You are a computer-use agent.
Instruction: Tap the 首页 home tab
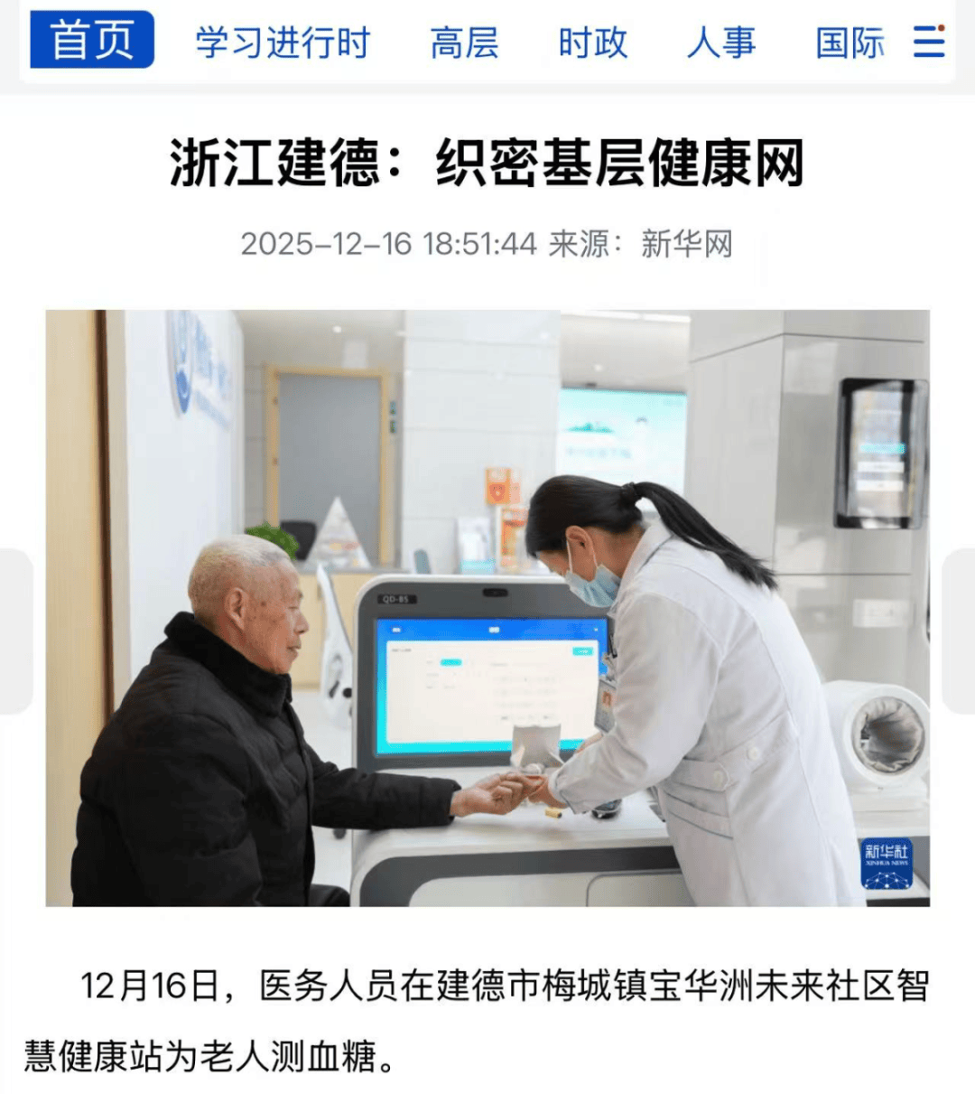pyautogui.click(x=92, y=40)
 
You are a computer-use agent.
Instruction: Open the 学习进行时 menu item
pyautogui.click(x=283, y=42)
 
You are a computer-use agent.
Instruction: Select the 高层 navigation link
pyautogui.click(x=465, y=42)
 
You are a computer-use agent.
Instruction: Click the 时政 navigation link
pyautogui.click(x=593, y=42)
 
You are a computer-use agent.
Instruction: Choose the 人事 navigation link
pyautogui.click(x=721, y=42)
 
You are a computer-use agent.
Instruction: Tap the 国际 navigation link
pyautogui.click(x=850, y=42)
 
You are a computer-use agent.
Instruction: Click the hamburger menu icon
pyautogui.click(x=929, y=41)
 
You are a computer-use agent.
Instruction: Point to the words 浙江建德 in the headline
pyautogui.click(x=275, y=163)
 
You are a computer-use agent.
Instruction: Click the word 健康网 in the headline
pyautogui.click(x=726, y=163)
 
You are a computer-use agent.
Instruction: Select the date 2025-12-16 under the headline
pyautogui.click(x=326, y=244)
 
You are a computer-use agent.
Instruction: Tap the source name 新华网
pyautogui.click(x=686, y=244)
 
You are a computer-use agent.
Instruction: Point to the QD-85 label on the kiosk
pyautogui.click(x=396, y=599)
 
